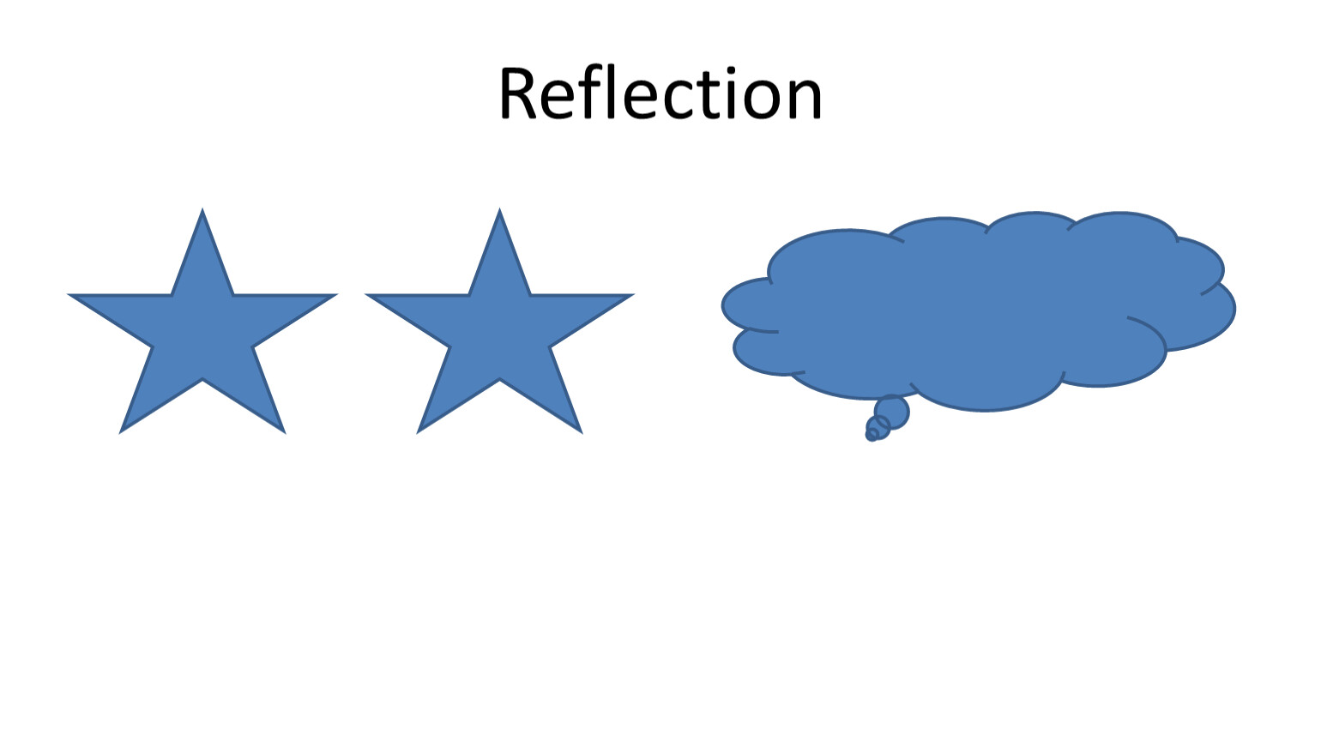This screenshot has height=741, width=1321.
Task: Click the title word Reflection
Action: click(x=660, y=93)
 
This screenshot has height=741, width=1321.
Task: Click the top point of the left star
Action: click(x=202, y=209)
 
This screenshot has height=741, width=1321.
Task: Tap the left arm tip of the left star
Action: click(x=69, y=294)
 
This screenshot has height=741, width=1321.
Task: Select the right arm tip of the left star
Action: click(x=337, y=294)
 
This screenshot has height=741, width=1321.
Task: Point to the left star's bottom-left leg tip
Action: click(x=120, y=433)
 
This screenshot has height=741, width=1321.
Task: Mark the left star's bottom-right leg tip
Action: click(x=285, y=433)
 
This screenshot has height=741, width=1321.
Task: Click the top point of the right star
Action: click(x=499, y=209)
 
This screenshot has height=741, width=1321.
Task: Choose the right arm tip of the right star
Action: click(x=634, y=294)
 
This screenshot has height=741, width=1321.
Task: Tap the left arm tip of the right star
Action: click(x=365, y=294)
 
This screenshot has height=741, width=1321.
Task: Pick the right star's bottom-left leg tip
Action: click(x=418, y=433)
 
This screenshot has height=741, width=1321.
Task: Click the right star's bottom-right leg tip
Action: click(x=582, y=433)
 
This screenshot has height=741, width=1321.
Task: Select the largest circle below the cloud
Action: click(x=892, y=413)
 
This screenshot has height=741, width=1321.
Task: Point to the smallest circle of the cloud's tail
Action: click(x=871, y=436)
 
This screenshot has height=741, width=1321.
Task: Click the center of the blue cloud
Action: click(x=979, y=311)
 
